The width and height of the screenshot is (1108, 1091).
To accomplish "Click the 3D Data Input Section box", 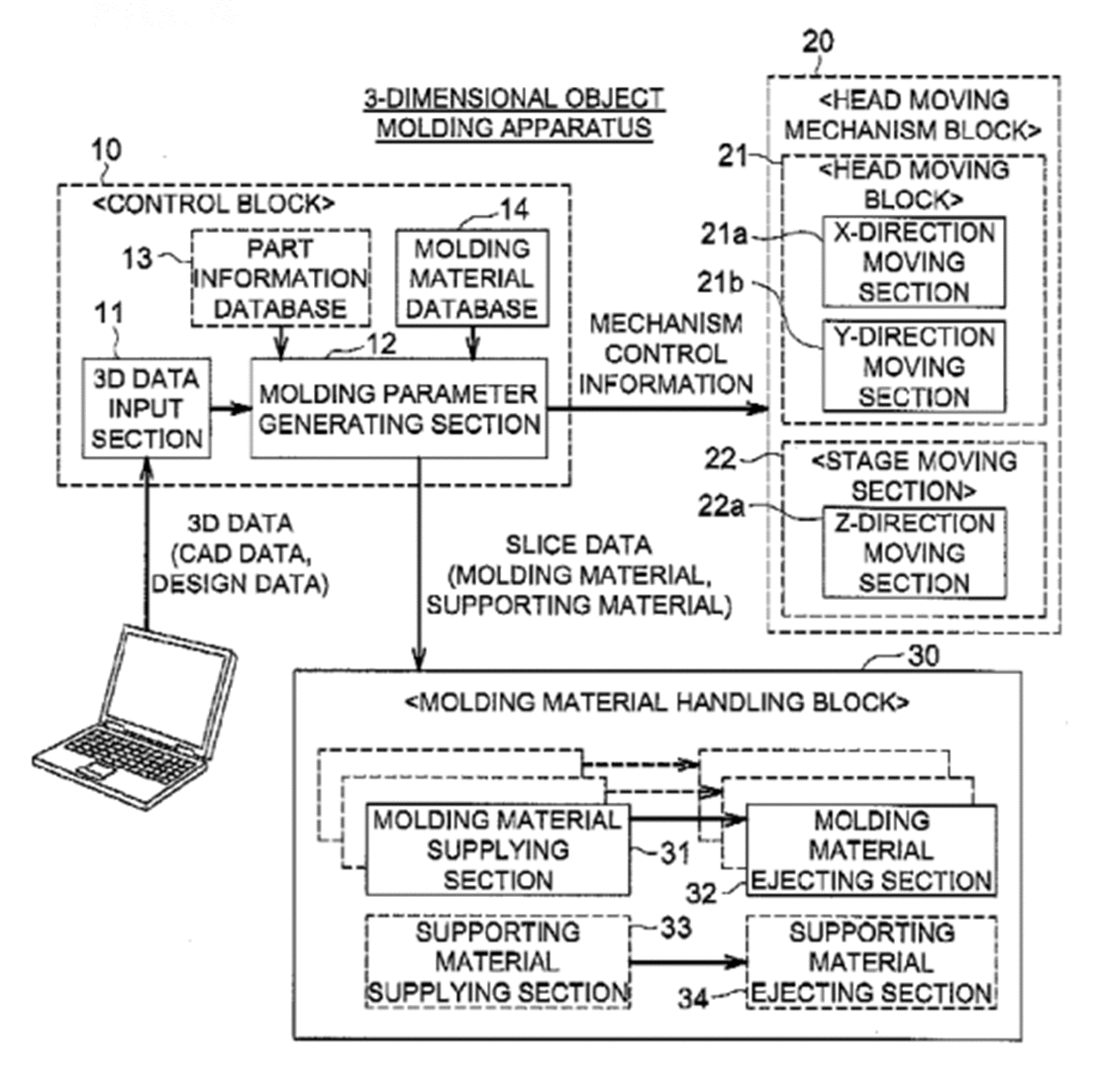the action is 147,409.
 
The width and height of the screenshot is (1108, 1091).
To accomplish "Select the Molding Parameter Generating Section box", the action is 399,409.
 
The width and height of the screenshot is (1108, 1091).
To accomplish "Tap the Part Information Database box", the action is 280,277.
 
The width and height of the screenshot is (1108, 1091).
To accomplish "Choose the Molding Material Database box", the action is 472,277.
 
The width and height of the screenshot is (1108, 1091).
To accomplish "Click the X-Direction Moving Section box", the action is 914,262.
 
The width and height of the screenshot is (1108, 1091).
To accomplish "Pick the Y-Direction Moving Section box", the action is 914,366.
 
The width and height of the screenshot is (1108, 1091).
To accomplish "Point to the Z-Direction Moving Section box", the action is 914,553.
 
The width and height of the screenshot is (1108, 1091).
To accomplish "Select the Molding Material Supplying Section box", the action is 497,849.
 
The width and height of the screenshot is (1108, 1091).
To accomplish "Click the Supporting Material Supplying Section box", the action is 497,961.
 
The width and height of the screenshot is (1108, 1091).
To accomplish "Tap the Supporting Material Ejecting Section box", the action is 871,961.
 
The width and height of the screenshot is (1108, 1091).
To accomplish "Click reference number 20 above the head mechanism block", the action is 818,43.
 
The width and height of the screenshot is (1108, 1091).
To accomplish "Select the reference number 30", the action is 924,655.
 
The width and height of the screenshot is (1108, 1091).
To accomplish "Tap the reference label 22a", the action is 721,506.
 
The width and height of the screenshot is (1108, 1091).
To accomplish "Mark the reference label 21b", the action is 720,282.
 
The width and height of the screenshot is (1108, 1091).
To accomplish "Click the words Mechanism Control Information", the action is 665,354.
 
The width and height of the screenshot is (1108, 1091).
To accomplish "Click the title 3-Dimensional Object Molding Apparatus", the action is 514,113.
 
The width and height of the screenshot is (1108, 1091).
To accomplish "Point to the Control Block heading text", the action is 214,204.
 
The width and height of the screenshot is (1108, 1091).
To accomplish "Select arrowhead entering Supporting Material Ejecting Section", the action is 738,961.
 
